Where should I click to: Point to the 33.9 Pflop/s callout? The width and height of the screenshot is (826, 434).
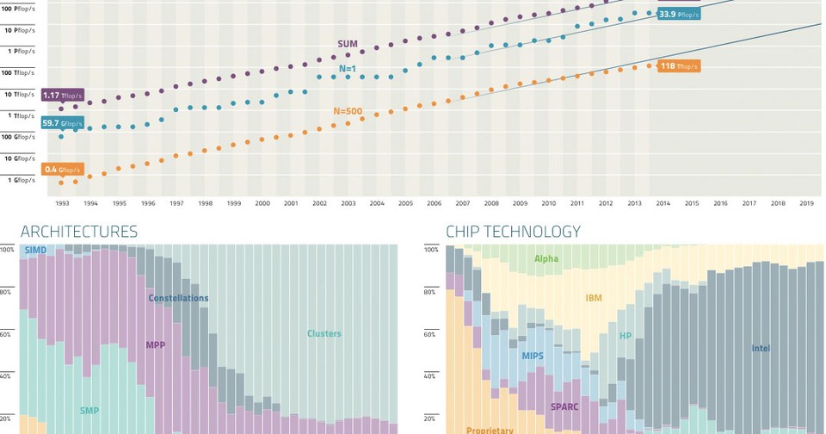click(x=679, y=15)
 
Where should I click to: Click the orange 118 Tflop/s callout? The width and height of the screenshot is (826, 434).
click(x=679, y=66)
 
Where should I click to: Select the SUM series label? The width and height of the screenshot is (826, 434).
click(x=348, y=44)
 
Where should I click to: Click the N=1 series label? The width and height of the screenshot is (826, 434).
click(x=348, y=68)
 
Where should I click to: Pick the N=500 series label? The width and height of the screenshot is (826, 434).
click(x=348, y=111)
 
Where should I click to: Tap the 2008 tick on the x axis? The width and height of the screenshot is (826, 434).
click(x=491, y=203)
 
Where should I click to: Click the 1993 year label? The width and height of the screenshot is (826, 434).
click(x=63, y=203)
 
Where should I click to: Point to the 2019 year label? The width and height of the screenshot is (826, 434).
click(x=806, y=203)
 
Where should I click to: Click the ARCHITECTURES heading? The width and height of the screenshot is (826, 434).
click(x=79, y=232)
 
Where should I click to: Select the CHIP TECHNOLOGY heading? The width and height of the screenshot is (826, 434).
click(x=513, y=232)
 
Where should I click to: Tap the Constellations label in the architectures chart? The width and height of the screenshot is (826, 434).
click(x=178, y=299)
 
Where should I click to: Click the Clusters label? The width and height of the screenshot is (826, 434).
click(x=324, y=334)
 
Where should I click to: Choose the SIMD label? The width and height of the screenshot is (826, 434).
click(x=35, y=251)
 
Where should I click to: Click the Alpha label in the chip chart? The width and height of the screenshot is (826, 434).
click(x=546, y=258)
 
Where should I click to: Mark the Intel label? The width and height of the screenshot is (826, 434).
click(x=761, y=349)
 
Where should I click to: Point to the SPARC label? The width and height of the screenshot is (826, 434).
click(x=565, y=406)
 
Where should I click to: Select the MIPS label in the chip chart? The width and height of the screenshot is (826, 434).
click(x=533, y=356)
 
